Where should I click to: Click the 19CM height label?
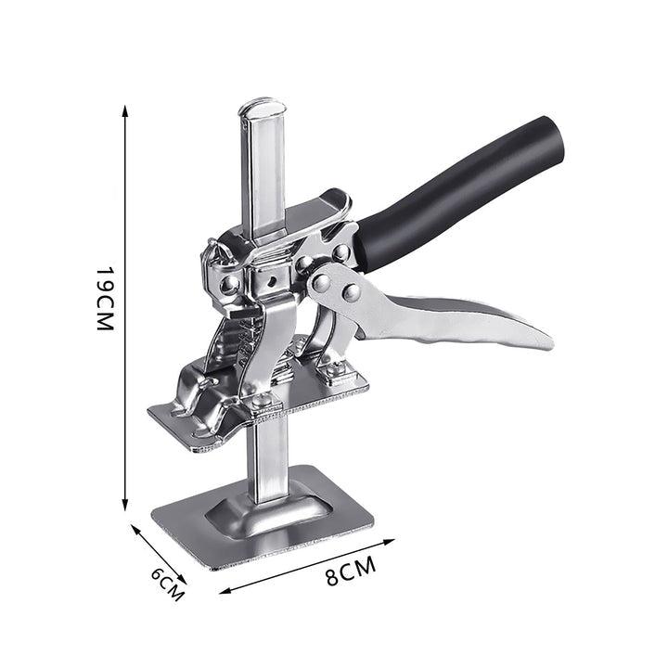(x=105, y=299)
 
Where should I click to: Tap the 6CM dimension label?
(x=168, y=584)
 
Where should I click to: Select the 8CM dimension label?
(x=351, y=571)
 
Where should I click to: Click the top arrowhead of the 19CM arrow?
(x=125, y=110)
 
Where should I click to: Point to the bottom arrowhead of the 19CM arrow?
(x=125, y=505)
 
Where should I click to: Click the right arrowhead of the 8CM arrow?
(x=390, y=542)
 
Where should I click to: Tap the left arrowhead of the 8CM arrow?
(x=225, y=591)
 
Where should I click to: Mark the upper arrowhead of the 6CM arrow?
(x=135, y=530)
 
